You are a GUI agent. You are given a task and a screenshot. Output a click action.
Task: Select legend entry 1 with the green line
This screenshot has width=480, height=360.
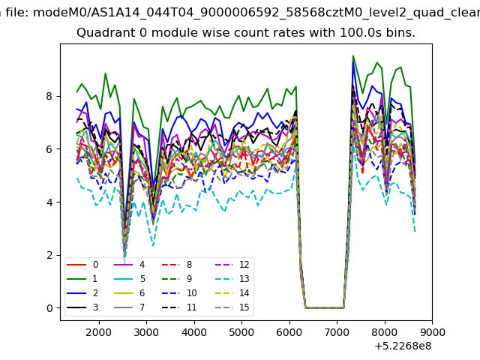82,279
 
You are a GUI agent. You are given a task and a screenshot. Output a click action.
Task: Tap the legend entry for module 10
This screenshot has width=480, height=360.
179,293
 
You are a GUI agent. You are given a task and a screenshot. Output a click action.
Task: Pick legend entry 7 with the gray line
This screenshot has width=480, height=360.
129,307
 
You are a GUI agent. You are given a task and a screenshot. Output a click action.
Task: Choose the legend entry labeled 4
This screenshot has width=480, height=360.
129,265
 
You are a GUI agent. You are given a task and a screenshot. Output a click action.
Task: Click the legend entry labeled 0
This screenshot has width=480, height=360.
82,265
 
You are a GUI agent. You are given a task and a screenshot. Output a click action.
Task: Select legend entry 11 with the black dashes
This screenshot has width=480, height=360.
179,307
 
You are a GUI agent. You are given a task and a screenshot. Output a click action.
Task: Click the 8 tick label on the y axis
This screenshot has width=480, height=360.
49,96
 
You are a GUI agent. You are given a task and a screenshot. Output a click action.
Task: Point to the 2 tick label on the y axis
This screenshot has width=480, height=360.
49,255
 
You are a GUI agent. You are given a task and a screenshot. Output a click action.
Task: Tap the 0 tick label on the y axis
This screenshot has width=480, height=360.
49,308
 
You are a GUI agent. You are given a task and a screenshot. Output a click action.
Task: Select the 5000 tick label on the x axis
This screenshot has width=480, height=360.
241,332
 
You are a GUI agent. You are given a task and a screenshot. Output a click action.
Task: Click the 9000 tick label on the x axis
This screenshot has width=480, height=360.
432,332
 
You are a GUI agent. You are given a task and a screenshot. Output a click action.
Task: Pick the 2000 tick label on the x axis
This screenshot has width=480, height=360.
99,332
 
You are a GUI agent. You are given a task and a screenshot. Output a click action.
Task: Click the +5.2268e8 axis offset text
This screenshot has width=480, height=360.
403,346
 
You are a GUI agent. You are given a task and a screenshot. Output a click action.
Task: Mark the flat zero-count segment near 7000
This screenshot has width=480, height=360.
325,307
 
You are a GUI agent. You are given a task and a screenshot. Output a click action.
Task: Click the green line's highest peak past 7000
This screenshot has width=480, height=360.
353,55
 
